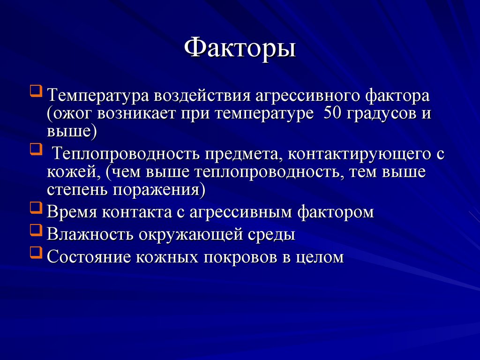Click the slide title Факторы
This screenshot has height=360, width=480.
(x=240, y=48)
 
